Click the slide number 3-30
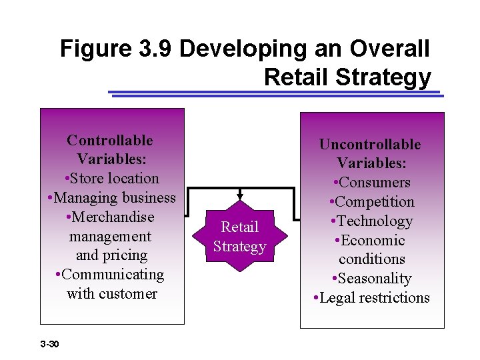[50, 344]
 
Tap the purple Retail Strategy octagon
[239, 237]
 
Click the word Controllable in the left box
[110, 140]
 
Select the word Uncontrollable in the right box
[370, 144]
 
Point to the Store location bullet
[112, 179]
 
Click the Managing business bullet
[112, 198]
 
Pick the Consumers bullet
[372, 183]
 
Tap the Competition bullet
[371, 202]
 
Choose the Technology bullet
[371, 221]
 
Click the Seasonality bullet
[371, 279]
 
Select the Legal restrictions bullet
[371, 298]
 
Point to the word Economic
[375, 241]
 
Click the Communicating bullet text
[111, 275]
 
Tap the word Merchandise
[112, 217]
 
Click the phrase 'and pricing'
[111, 255]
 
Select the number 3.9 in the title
[156, 49]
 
